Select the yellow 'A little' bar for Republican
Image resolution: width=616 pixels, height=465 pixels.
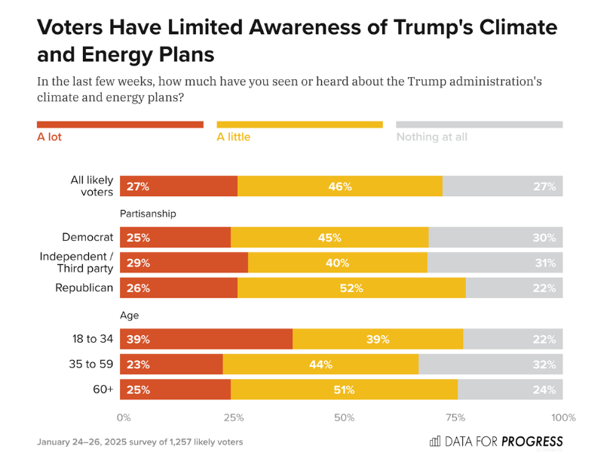click(x=351, y=288)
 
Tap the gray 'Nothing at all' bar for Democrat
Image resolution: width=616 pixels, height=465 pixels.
click(x=495, y=238)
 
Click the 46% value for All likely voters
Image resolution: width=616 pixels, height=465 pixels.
click(x=340, y=186)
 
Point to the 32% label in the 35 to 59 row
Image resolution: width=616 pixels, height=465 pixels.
click(x=545, y=365)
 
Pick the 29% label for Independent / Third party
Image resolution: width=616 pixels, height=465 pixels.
click(x=138, y=263)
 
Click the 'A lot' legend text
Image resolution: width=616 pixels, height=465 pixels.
click(x=50, y=137)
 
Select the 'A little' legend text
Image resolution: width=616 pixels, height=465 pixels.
click(x=233, y=137)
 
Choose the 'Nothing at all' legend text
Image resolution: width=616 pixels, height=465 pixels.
click(x=432, y=137)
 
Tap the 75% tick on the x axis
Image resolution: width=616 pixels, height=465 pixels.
click(x=455, y=417)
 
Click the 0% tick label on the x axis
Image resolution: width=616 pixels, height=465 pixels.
click(x=124, y=417)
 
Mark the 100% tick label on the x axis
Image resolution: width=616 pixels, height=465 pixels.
click(x=563, y=417)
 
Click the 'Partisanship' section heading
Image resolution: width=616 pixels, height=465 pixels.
click(x=148, y=214)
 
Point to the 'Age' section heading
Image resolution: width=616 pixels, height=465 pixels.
click(x=129, y=316)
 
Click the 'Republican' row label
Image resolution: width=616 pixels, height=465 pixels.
click(x=84, y=288)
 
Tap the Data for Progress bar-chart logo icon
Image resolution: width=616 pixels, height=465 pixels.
click(x=435, y=442)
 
